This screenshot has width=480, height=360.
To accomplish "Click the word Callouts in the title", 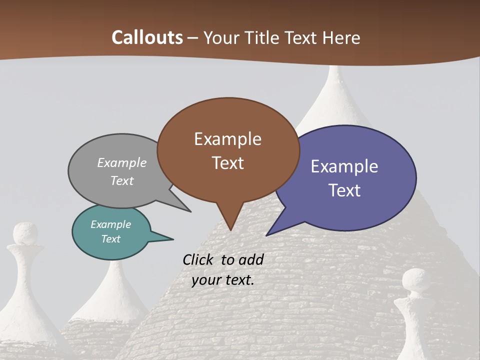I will point(147,37).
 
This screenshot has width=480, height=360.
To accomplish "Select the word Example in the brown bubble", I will point(227,139).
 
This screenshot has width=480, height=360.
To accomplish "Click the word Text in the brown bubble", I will point(227,162).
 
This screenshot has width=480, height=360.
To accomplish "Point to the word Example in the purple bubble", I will point(344,166).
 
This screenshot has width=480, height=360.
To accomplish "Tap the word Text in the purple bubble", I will point(344,190).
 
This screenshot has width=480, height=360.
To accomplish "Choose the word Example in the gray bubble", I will point(122,162).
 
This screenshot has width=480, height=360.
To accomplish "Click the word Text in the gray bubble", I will point(122,180).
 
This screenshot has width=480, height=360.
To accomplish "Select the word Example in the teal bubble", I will point(110,224).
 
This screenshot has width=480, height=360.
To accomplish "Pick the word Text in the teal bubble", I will point(110,239).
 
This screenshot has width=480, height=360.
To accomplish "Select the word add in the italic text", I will point(251,259).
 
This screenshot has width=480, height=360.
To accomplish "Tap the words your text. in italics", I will point(222,280).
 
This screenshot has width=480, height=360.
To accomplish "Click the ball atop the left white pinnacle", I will point(24,233).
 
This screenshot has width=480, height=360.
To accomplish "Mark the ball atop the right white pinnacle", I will point(416,279).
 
